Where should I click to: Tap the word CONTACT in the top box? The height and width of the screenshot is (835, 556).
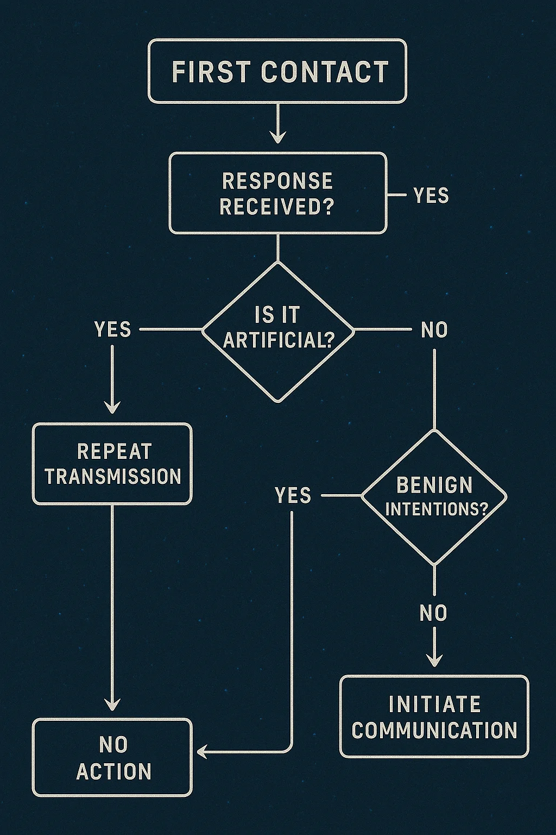pos(325,72)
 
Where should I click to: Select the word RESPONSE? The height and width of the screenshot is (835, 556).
pos(277,181)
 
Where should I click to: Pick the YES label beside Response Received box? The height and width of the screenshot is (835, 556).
pos(431,195)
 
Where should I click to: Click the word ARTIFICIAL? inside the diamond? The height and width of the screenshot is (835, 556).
pos(278,340)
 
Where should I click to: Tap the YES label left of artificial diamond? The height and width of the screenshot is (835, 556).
pos(112,329)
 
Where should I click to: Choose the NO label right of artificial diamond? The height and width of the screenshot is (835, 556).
pos(434,329)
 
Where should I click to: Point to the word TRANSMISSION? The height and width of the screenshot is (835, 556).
pos(113,476)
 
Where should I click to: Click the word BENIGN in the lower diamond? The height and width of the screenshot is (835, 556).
pos(434,484)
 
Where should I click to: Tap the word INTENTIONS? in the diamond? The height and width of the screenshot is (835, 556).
pos(436,509)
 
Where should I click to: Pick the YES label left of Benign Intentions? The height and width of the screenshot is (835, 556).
pos(293,495)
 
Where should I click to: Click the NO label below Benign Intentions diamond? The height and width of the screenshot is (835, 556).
pos(433,613)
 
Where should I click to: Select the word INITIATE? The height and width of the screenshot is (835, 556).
pos(434,705)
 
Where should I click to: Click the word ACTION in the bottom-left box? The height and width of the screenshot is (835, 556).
pos(113,771)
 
